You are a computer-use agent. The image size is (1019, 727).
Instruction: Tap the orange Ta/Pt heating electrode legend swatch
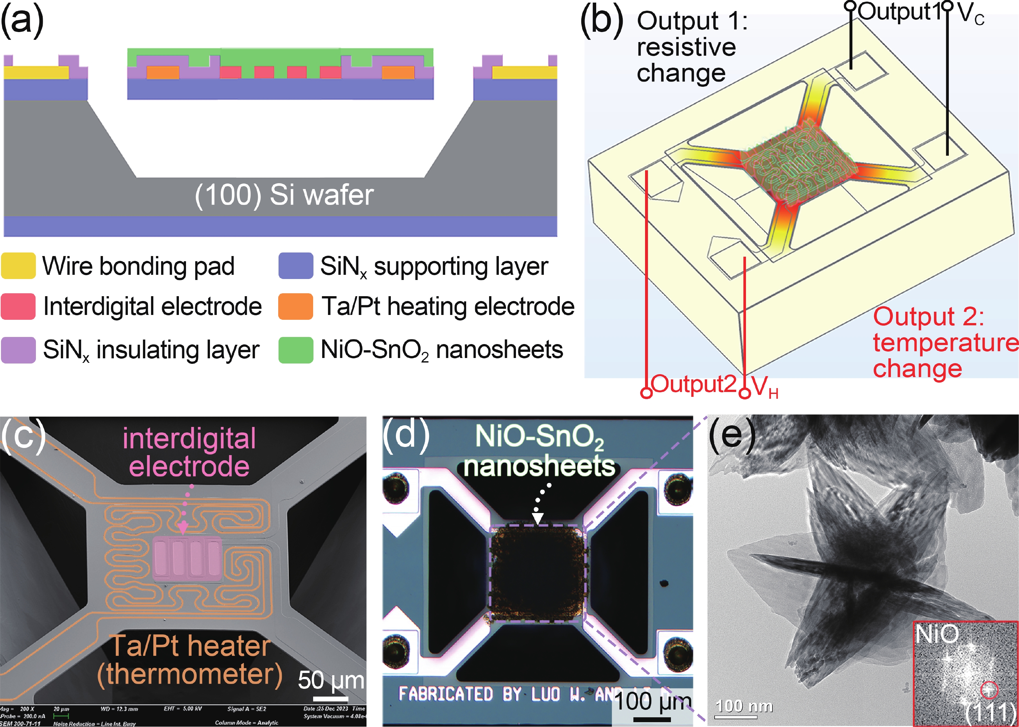click(x=295, y=307)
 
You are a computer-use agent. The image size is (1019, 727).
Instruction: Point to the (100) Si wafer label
click(x=284, y=195)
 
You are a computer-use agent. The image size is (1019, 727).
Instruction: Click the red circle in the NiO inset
click(x=989, y=690)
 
